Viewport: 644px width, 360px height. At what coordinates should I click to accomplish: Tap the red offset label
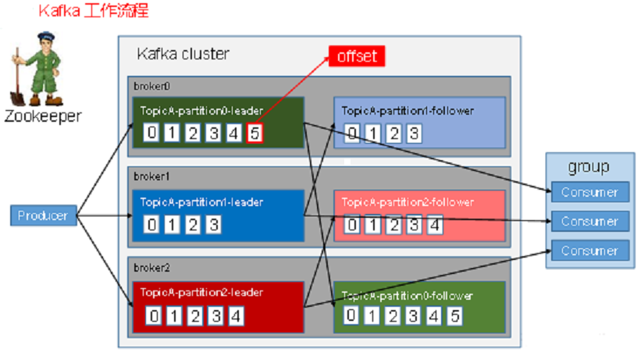(357, 56)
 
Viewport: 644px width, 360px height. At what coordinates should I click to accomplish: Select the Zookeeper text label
(42, 116)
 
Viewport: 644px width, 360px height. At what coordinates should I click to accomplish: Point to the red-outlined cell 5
(254, 134)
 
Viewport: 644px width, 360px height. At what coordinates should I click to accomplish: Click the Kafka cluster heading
(183, 54)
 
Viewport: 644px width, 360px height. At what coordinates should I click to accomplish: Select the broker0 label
(149, 85)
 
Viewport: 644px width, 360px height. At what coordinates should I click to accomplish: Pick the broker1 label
(149, 176)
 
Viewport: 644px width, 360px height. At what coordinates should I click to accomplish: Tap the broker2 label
(149, 267)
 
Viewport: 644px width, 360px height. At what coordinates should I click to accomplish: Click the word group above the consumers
(589, 167)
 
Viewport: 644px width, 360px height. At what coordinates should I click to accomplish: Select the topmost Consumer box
(589, 192)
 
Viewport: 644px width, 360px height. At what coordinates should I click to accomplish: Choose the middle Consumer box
(589, 221)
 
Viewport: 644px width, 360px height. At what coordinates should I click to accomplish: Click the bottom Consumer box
(589, 251)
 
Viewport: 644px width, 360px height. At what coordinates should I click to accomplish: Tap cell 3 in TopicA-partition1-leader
(213, 226)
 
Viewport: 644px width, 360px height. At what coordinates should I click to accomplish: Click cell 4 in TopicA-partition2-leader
(234, 316)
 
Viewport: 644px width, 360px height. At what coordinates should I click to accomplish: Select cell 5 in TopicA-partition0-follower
(454, 315)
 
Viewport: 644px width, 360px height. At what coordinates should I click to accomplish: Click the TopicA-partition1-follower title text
(407, 111)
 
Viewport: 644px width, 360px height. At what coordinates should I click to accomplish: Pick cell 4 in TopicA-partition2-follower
(434, 226)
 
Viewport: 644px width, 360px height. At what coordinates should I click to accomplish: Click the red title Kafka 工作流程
(93, 12)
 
